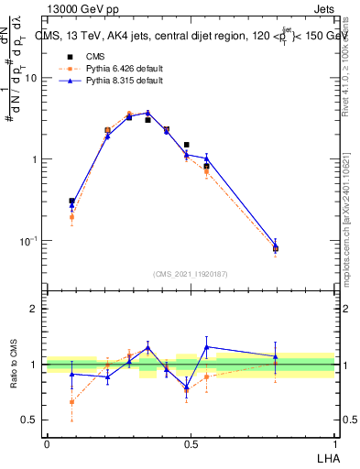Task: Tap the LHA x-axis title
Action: (326, 457)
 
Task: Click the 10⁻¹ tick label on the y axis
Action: (27, 241)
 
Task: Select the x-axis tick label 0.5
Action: (191, 443)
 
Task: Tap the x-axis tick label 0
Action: (47, 443)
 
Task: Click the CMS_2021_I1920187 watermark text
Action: (191, 274)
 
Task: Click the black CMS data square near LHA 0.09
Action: (71, 201)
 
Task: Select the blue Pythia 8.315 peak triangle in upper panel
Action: (147, 113)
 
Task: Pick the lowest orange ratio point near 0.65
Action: (71, 401)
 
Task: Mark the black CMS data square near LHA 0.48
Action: (187, 145)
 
